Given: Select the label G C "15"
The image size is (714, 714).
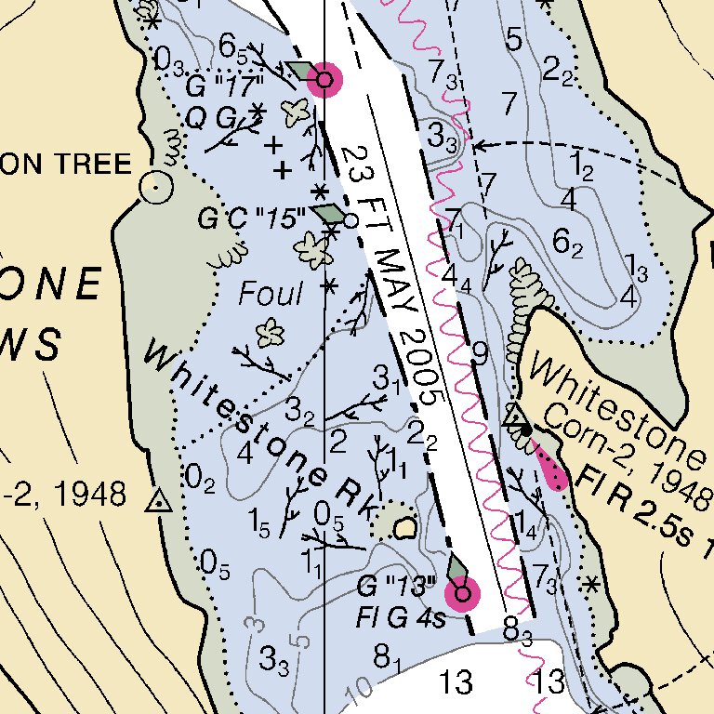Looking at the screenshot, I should pos(252,219).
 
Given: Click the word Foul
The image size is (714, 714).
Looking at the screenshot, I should pos(271,295).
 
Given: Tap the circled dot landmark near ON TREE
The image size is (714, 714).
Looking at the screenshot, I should pos(155,189).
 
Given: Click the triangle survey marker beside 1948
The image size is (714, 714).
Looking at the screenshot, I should pos(159,503).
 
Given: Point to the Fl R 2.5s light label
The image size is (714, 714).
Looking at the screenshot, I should pos(641,510).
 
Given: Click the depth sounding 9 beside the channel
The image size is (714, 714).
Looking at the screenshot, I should pos(480,352).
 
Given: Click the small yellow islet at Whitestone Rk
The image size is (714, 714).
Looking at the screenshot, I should pos(404,528).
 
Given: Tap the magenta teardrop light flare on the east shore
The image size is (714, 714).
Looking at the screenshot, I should pos(552,469).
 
